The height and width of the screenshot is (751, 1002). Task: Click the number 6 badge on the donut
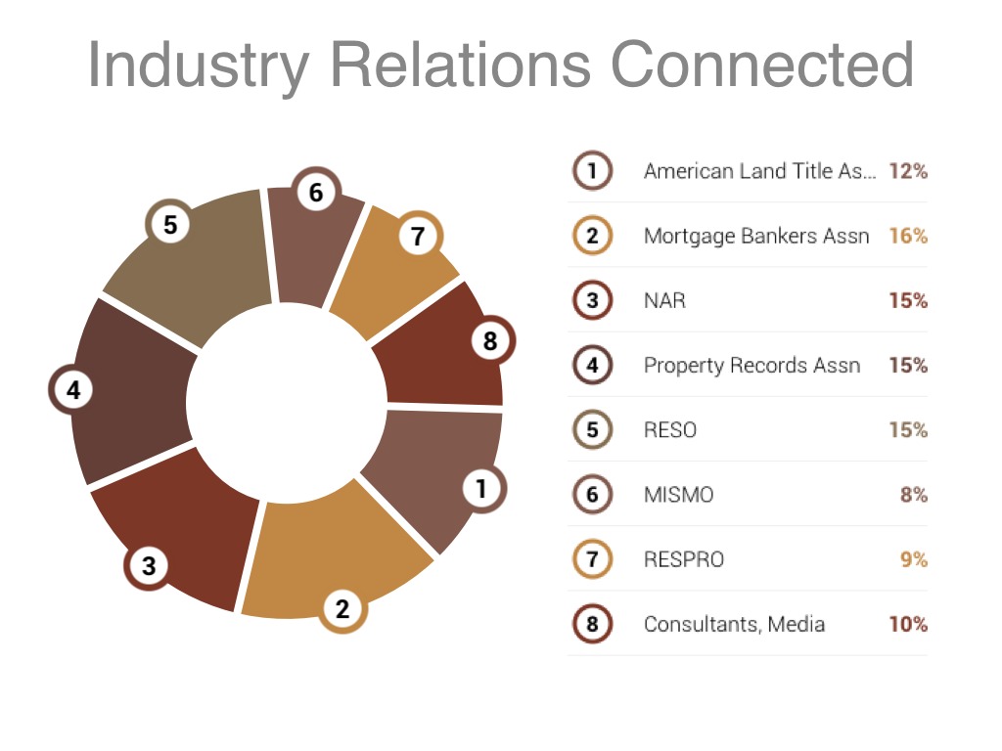click(316, 193)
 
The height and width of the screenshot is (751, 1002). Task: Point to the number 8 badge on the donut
click(490, 340)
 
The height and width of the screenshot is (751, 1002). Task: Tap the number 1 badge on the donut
click(481, 489)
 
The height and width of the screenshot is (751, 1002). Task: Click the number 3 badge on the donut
click(149, 565)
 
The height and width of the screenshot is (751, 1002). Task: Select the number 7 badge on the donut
click(418, 236)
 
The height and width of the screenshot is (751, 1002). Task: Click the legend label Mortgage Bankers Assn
click(756, 237)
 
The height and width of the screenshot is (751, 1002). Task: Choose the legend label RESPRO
click(684, 559)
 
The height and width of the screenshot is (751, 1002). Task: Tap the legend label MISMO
click(679, 495)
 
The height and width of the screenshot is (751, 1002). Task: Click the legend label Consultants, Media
click(734, 624)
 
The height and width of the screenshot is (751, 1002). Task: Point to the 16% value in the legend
click(908, 236)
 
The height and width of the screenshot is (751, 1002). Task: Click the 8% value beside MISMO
click(914, 494)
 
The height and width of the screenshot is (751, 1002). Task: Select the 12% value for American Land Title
click(908, 171)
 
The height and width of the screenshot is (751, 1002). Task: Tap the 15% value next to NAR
click(908, 300)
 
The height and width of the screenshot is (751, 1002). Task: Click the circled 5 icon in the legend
click(592, 429)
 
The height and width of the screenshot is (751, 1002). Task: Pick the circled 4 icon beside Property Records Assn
click(592, 365)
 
